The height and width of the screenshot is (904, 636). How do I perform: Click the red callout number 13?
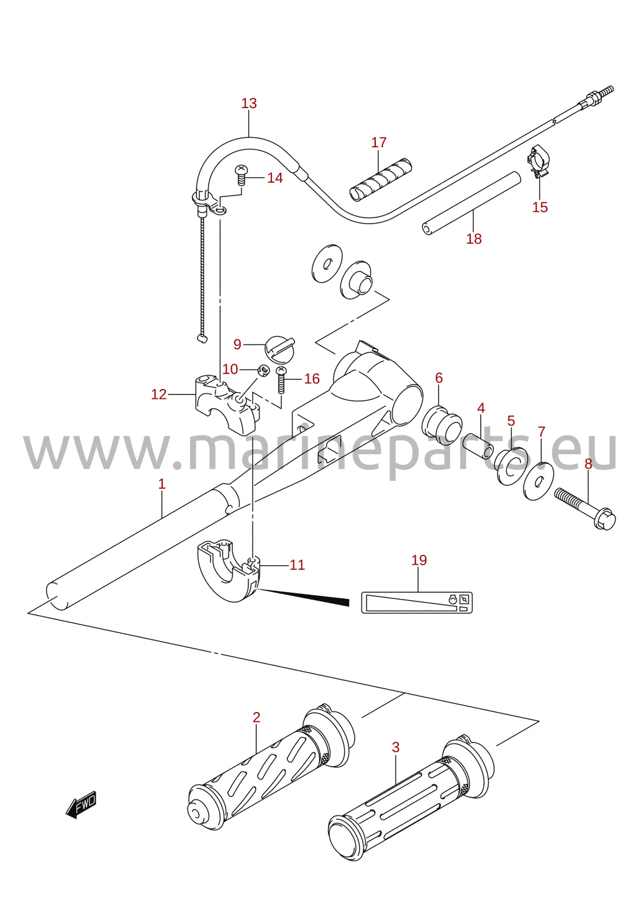[x=249, y=103]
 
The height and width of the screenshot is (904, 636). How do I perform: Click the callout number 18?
[x=474, y=239]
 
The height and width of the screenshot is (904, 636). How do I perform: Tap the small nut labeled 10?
[x=263, y=370]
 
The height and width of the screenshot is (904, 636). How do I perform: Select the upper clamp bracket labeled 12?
[x=227, y=404]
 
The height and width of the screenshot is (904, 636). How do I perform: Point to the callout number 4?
[x=481, y=408]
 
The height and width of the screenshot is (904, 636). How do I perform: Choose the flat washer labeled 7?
[x=538, y=481]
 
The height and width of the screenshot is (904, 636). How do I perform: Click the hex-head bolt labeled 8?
[x=584, y=508]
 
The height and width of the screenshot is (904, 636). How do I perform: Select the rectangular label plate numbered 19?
[x=417, y=603]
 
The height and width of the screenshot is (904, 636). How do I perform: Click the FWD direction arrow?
[x=81, y=805]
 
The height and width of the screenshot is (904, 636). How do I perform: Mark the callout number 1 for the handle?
[x=161, y=484]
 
